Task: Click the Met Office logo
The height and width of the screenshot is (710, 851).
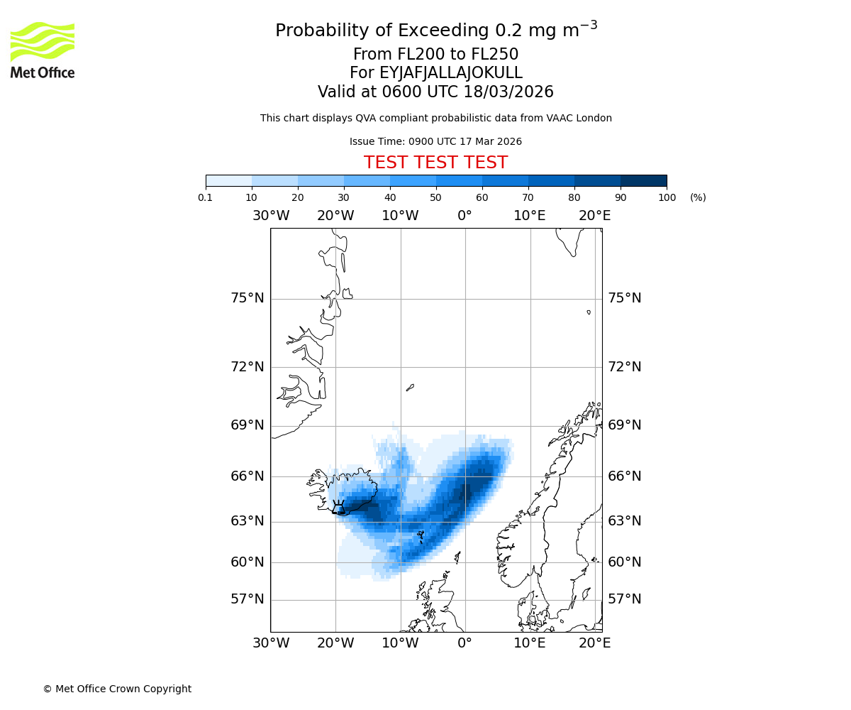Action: [x=43, y=50]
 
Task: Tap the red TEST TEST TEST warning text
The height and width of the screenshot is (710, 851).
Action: [x=435, y=163]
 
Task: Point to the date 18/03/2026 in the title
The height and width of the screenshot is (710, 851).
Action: [x=508, y=92]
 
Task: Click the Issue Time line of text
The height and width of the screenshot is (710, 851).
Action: [x=435, y=142]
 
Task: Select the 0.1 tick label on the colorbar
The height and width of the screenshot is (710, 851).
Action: [x=206, y=197]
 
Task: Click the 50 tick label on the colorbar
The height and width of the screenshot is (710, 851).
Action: [x=436, y=197]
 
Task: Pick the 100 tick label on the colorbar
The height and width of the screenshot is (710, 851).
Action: [x=667, y=197]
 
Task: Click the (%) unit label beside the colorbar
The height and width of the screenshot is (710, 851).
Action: [x=698, y=197]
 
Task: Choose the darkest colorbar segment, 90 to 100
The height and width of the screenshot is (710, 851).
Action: [x=643, y=180]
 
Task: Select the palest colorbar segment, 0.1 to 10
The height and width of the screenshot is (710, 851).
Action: [x=228, y=180]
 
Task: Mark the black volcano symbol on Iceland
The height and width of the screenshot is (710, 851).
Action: [x=338, y=507]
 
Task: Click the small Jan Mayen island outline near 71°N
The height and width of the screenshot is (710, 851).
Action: [x=410, y=388]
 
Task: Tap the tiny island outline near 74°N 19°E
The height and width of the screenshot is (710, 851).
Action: [x=589, y=312]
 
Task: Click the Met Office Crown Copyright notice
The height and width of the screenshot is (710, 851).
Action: [x=117, y=689]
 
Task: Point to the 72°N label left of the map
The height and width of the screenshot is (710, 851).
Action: [x=247, y=367]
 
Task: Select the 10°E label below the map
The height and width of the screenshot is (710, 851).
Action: [x=530, y=643]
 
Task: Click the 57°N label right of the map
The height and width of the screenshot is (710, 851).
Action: [x=625, y=599]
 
